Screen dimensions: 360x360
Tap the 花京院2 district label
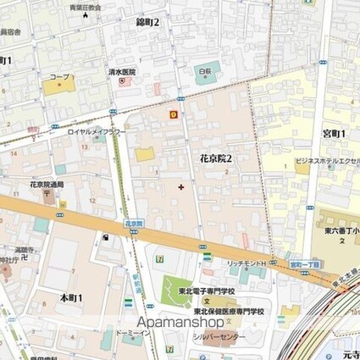[x=216, y=158]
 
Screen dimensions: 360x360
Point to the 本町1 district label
[x=71, y=298]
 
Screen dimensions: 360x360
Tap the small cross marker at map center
[x=180, y=186]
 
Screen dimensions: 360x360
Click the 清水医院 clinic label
[x=121, y=73]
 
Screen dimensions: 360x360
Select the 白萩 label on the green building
[x=204, y=72]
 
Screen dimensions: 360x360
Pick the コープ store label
[x=59, y=77]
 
